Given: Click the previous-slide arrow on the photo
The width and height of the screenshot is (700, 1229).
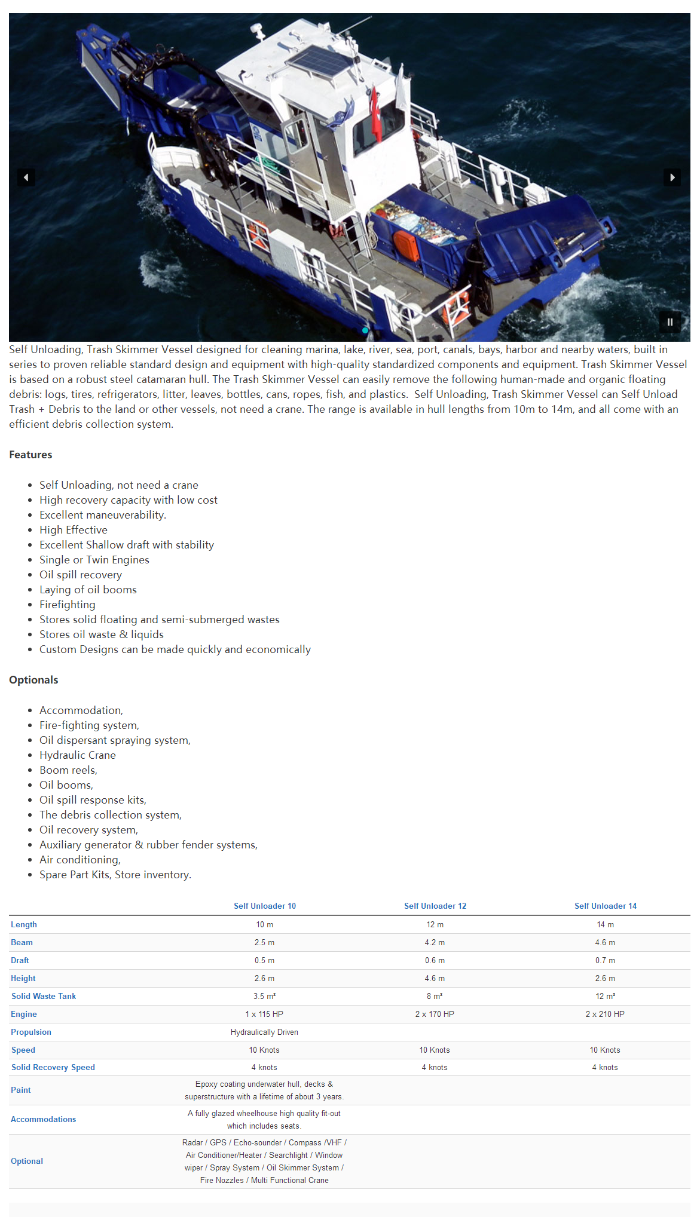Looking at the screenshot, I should (26, 177).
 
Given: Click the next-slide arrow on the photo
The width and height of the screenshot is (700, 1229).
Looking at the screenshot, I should (672, 177).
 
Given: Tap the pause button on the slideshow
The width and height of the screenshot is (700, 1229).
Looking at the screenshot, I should (670, 322).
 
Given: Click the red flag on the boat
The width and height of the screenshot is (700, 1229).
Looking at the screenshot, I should (376, 114).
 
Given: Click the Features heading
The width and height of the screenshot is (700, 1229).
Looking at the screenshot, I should (30, 455).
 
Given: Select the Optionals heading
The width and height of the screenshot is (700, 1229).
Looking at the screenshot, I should (33, 680).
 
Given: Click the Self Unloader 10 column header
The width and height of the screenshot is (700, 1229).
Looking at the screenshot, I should (264, 906).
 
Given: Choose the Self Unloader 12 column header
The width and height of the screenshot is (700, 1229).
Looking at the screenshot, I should (435, 906).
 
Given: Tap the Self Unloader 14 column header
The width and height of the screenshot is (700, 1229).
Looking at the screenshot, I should (605, 906).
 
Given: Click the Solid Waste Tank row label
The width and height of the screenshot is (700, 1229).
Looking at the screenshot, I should (44, 996).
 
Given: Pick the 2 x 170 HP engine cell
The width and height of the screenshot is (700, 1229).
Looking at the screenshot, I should (435, 1014).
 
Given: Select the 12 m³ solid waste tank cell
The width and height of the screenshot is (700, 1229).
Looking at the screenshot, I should (605, 996).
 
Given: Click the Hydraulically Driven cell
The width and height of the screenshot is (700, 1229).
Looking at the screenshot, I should (264, 1032).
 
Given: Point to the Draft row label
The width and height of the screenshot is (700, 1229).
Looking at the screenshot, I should (20, 960).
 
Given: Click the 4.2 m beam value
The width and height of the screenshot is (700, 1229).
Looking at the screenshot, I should (435, 942).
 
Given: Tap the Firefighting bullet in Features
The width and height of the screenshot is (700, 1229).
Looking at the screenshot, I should (68, 605).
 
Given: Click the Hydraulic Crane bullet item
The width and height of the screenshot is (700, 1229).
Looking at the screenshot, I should (78, 755).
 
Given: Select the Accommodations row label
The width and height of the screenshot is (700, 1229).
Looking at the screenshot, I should (43, 1119).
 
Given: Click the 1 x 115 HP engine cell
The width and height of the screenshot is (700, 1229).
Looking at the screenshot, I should (264, 1014).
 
